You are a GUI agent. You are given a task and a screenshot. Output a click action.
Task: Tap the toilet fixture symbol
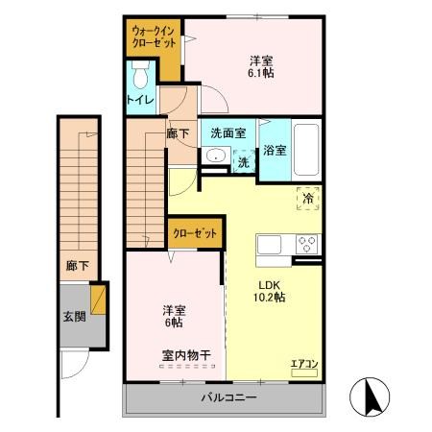(x=142, y=73)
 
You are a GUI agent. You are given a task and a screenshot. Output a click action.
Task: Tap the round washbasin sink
(x=215, y=157)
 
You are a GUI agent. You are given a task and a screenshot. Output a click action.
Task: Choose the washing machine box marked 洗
(x=244, y=162)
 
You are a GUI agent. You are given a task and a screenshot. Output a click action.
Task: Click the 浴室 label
(x=274, y=149)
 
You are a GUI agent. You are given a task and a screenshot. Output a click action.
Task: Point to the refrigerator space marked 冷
(x=309, y=197)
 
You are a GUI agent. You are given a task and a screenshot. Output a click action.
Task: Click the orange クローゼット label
(x=196, y=231)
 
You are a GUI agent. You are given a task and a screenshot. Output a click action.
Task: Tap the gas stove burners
(x=307, y=242)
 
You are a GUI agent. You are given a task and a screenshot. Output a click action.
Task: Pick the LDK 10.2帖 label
(x=270, y=291)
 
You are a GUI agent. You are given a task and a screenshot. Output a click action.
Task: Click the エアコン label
(x=303, y=363)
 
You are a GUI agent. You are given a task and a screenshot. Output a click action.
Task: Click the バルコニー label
(x=228, y=396)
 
